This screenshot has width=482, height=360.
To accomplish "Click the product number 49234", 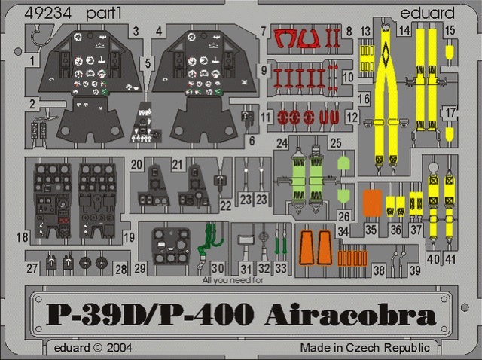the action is click(47, 14).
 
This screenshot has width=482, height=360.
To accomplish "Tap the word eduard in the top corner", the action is click(427, 13).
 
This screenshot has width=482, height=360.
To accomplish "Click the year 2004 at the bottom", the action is click(119, 348).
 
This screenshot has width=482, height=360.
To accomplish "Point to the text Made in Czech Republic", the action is click(365, 348).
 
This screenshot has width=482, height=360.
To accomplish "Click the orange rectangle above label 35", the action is click(372, 203).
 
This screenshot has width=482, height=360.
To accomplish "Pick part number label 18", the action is click(22, 237).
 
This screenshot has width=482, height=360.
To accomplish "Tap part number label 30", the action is click(218, 268).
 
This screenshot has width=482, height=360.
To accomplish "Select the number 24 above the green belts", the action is click(282, 143).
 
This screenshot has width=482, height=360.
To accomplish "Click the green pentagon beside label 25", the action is click(344, 163).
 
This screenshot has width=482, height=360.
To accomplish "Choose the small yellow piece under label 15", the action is click(450, 52).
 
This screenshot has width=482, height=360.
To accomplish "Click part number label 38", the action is click(379, 270).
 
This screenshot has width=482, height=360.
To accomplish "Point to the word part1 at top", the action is click(104, 14).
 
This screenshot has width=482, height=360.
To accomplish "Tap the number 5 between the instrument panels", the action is click(148, 63).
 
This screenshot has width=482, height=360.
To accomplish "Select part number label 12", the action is click(352, 117).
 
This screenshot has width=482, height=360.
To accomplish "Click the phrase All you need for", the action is click(233, 280).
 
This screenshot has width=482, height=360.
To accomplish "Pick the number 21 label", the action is click(177, 165).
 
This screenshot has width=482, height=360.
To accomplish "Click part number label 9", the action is click(264, 70).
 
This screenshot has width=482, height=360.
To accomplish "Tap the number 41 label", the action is click(450, 259).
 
